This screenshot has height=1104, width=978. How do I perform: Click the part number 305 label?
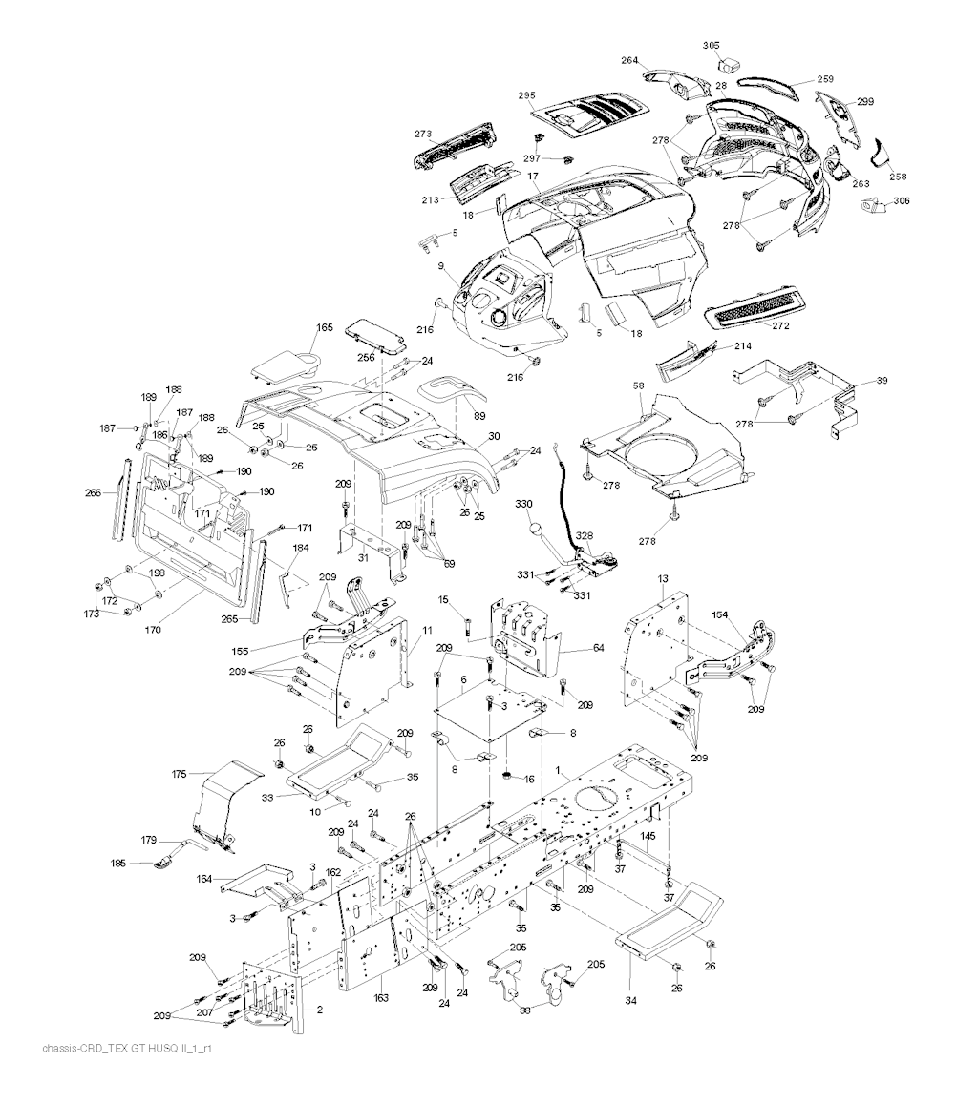point(712,45)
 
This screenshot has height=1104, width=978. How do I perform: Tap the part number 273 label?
point(423,134)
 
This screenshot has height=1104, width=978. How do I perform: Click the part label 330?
point(523,504)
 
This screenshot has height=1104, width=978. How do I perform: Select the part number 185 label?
point(117,864)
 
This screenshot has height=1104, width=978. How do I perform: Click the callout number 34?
point(630,974)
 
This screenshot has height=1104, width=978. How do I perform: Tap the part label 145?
point(648,836)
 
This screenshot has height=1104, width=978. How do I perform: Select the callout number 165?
point(325,327)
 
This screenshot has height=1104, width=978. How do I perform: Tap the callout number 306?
point(902,201)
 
